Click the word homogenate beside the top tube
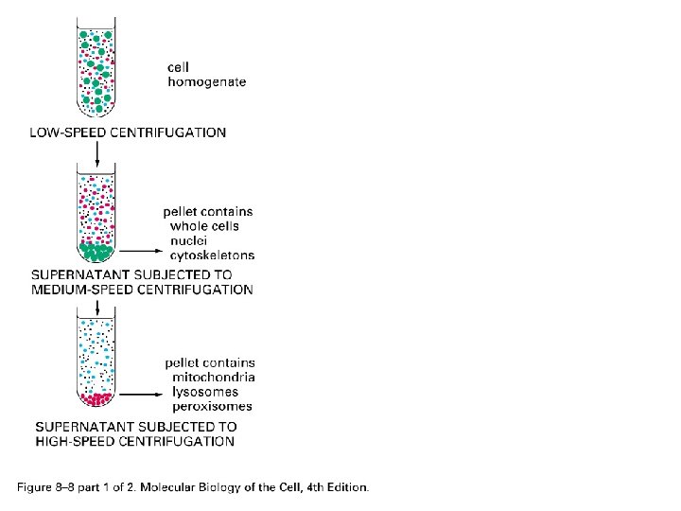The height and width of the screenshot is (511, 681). [x=206, y=82]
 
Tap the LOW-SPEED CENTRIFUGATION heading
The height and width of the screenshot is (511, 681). [x=128, y=132]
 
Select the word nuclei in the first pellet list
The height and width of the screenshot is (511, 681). [x=188, y=240]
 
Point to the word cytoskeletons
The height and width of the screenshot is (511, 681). [x=212, y=255]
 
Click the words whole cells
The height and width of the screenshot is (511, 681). [x=204, y=226]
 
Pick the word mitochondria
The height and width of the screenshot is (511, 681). [x=213, y=378]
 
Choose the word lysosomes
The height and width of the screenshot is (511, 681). [x=204, y=392]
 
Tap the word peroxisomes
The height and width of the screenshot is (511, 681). [x=212, y=407]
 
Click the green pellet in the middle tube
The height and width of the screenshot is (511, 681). [x=96, y=252]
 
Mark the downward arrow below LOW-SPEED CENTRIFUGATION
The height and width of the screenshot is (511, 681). [x=96, y=151]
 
